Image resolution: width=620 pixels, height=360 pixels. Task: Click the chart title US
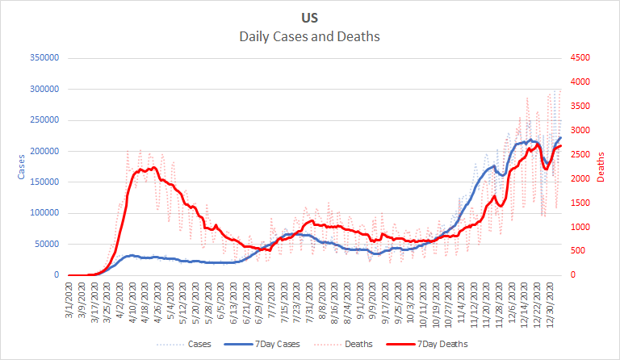click(x=309, y=17)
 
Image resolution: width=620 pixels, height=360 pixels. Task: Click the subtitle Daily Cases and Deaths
click(x=309, y=36)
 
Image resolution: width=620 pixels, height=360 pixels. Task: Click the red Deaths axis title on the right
click(x=601, y=166)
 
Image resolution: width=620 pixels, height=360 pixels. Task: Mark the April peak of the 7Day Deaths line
click(x=154, y=168)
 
